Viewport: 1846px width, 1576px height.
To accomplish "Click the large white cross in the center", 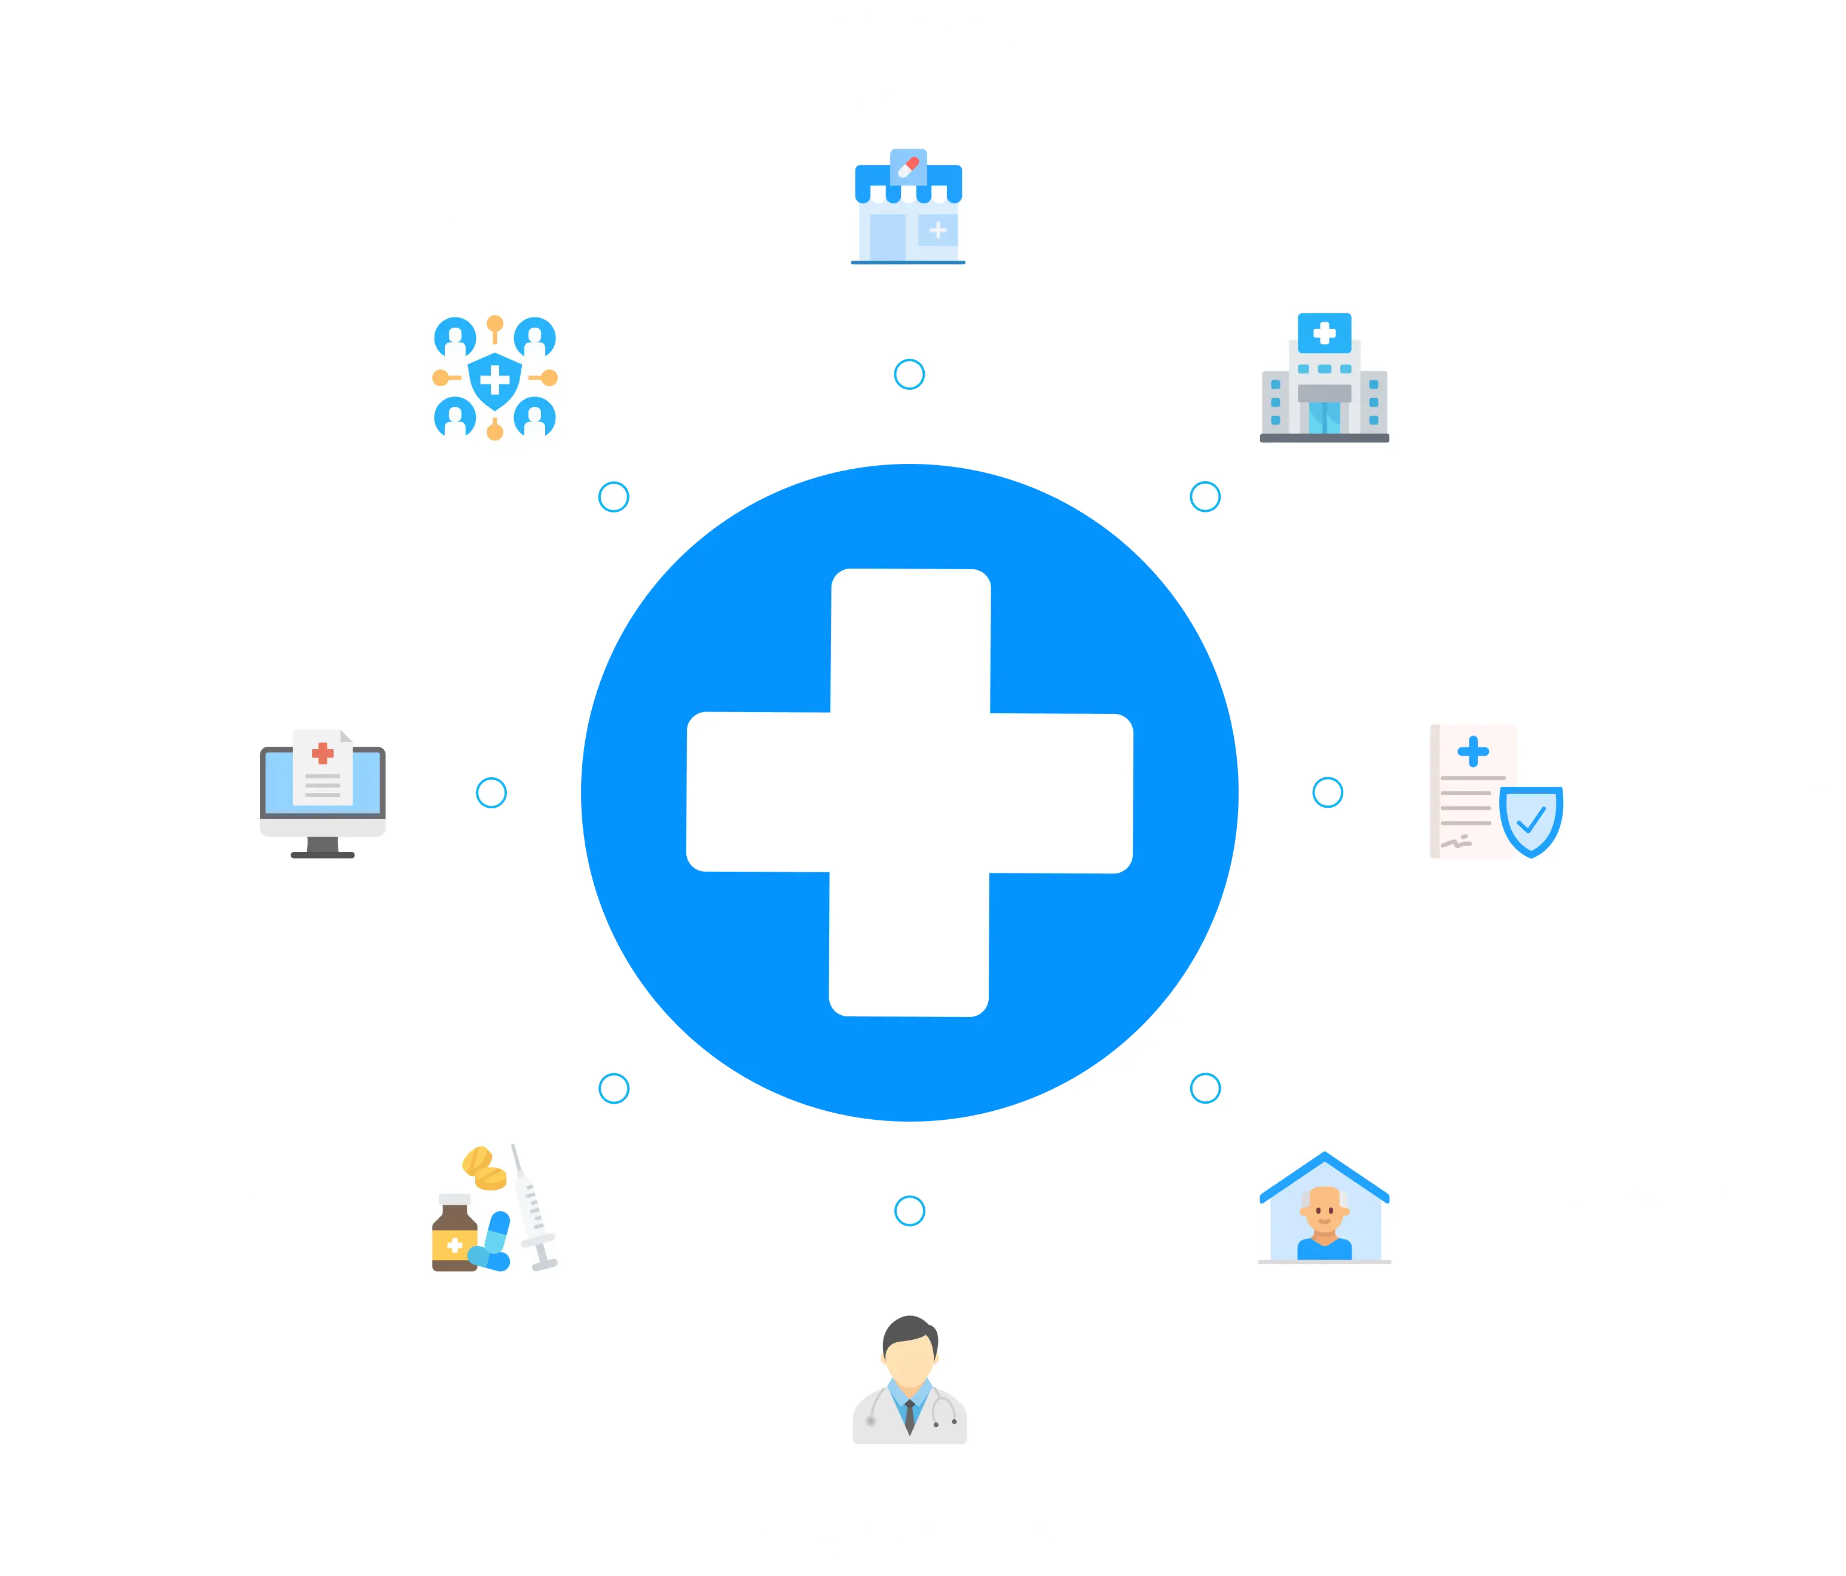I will (x=910, y=792).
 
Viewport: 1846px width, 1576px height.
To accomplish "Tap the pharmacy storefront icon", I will (x=908, y=207).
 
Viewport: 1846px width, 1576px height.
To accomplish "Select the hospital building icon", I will (x=1324, y=378).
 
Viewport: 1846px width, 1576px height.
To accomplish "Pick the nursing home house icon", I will (x=1324, y=1208).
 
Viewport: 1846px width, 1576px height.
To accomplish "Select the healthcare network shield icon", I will (x=494, y=378).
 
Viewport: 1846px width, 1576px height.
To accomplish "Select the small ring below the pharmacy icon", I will (x=909, y=374).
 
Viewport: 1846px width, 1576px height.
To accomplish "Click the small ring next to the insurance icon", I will (x=1328, y=792).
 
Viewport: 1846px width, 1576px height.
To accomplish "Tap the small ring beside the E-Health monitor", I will (x=491, y=792).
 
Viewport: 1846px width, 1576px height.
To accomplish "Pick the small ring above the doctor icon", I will (x=909, y=1211).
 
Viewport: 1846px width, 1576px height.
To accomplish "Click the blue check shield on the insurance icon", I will (x=1530, y=820).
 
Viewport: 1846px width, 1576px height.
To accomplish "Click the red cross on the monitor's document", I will (x=323, y=754).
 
